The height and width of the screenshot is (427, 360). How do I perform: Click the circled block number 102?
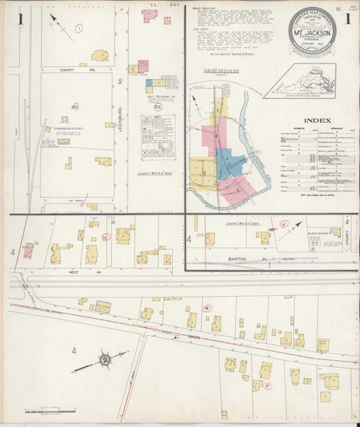74,107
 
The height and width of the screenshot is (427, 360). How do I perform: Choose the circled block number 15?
105,237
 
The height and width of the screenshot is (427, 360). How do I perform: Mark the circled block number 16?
206,307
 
